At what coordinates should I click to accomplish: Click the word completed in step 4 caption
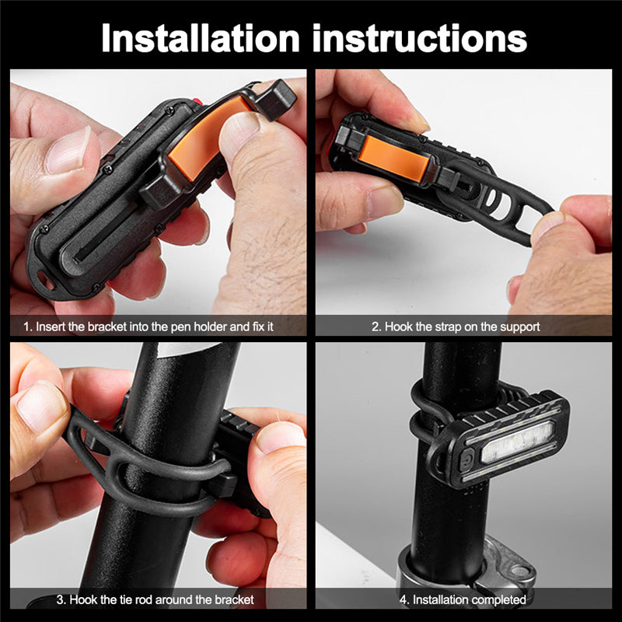[498, 599]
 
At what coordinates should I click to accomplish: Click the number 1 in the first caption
[27, 327]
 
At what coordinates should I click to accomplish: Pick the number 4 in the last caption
[403, 599]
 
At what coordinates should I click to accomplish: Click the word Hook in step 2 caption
[396, 327]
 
